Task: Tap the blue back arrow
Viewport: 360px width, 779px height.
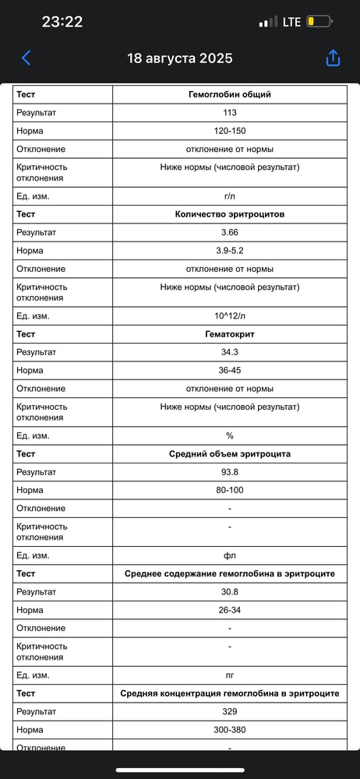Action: (x=26, y=58)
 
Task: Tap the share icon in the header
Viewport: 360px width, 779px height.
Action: (x=333, y=58)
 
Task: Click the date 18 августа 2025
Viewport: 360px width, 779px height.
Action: (x=179, y=58)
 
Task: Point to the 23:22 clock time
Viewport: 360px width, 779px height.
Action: (x=62, y=22)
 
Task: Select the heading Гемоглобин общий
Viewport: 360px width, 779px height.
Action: (x=229, y=94)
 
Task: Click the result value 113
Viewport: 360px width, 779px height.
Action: (x=229, y=113)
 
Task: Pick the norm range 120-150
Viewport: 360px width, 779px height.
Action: (x=229, y=131)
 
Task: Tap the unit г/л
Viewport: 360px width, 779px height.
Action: (x=229, y=196)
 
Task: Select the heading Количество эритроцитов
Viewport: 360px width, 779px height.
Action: (x=229, y=214)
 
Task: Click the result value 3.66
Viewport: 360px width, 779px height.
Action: (x=229, y=232)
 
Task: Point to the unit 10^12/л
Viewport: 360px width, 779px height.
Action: (x=229, y=316)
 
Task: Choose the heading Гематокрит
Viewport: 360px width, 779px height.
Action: (x=229, y=334)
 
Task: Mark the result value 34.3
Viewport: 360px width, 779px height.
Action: (x=229, y=352)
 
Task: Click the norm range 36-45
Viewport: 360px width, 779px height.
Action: (x=229, y=370)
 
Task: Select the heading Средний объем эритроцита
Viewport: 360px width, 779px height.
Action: (x=229, y=454)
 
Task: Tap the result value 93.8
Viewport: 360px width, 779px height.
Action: (x=229, y=472)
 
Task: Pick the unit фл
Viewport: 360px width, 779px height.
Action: (x=229, y=555)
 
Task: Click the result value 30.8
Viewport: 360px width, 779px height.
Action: (x=229, y=592)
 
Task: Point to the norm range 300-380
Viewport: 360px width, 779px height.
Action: (x=229, y=730)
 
